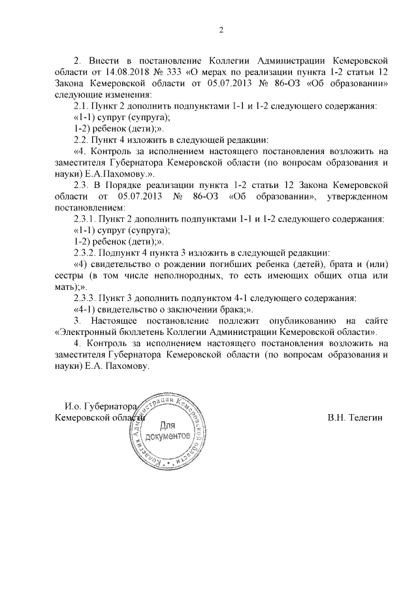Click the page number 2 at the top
coord(221,29)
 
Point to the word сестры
coord(69,275)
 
